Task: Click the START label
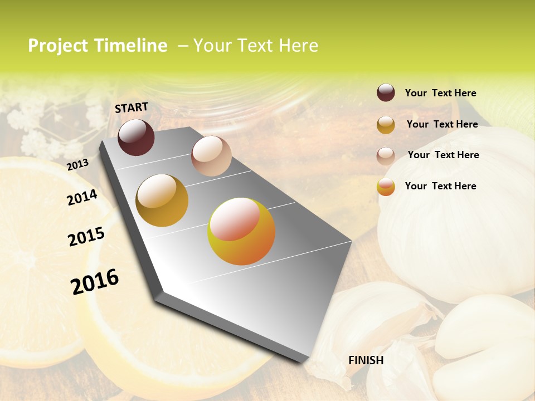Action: click(132, 107)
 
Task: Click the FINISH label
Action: click(366, 360)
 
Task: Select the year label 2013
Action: click(77, 165)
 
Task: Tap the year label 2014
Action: click(82, 197)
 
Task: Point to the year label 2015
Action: click(86, 236)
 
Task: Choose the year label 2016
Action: click(95, 281)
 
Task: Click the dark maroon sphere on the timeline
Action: click(136, 137)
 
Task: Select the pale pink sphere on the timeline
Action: click(211, 156)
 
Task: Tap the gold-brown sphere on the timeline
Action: click(162, 200)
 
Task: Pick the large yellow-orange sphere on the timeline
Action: click(241, 231)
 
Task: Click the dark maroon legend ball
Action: click(386, 93)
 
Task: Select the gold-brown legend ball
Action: click(386, 125)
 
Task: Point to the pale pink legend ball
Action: click(386, 155)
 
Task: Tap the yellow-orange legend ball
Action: click(386, 187)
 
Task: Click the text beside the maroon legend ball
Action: click(440, 93)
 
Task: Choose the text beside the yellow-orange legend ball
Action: click(440, 186)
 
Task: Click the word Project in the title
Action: click(58, 46)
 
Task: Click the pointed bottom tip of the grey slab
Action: click(306, 360)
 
